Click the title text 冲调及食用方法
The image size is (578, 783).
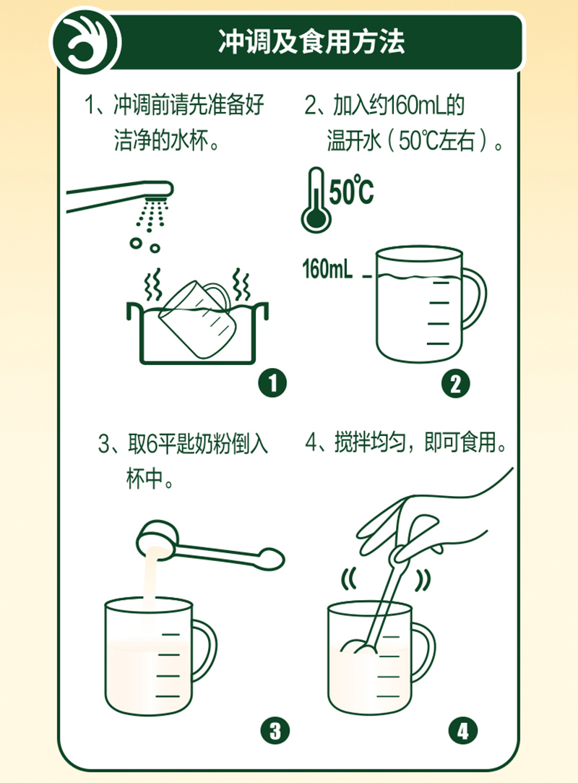(x=311, y=43)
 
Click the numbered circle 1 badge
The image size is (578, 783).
(x=272, y=383)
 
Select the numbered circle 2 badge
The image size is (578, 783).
(x=454, y=383)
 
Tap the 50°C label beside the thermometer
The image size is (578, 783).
(x=352, y=192)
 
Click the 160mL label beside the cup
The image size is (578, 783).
(x=327, y=270)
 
